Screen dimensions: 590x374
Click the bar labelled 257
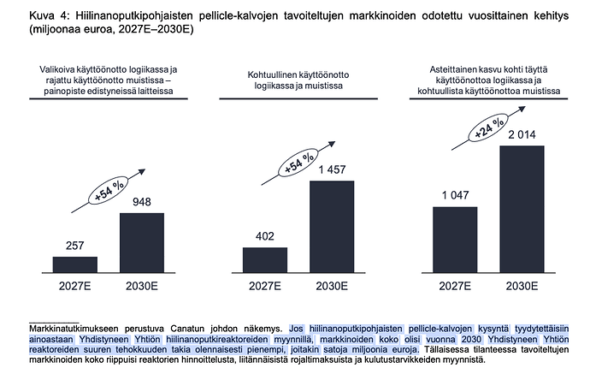tap(75, 264)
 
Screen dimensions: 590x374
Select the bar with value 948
tap(142, 242)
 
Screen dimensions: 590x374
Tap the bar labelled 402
tap(265, 260)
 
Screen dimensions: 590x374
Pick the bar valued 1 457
tap(332, 226)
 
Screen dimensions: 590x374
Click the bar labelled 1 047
tap(455, 240)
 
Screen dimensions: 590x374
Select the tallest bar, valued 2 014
tap(522, 209)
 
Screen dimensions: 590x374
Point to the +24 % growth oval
tap(488, 128)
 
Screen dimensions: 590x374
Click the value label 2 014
tap(522, 134)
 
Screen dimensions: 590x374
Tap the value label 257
tap(75, 246)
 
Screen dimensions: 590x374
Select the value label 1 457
tap(332, 169)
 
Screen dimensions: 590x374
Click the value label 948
tap(142, 202)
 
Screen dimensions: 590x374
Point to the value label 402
tap(265, 236)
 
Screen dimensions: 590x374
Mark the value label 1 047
tap(455, 195)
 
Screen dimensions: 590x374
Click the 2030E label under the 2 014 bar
tap(522, 286)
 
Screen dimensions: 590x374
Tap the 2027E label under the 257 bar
tap(75, 286)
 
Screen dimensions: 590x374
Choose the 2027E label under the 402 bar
tap(265, 286)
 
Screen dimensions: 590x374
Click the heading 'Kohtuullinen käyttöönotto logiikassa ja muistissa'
tap(298, 80)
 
